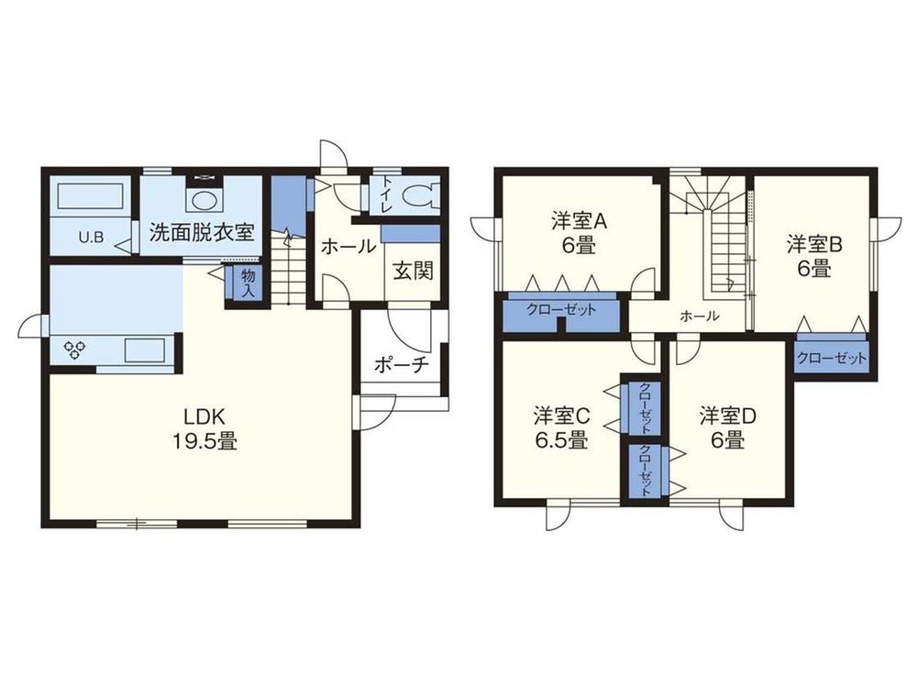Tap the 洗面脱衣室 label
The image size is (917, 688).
(202, 231)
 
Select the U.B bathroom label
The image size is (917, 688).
(90, 237)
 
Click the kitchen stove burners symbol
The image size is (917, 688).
(74, 350)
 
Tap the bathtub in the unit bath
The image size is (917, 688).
(90, 199)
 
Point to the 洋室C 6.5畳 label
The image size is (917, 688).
(560, 427)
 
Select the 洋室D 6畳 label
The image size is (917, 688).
(728, 427)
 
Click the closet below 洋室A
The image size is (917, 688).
(561, 310)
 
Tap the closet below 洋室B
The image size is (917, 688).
(830, 357)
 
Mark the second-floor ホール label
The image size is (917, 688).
(699, 316)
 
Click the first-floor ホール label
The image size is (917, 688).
(348, 246)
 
